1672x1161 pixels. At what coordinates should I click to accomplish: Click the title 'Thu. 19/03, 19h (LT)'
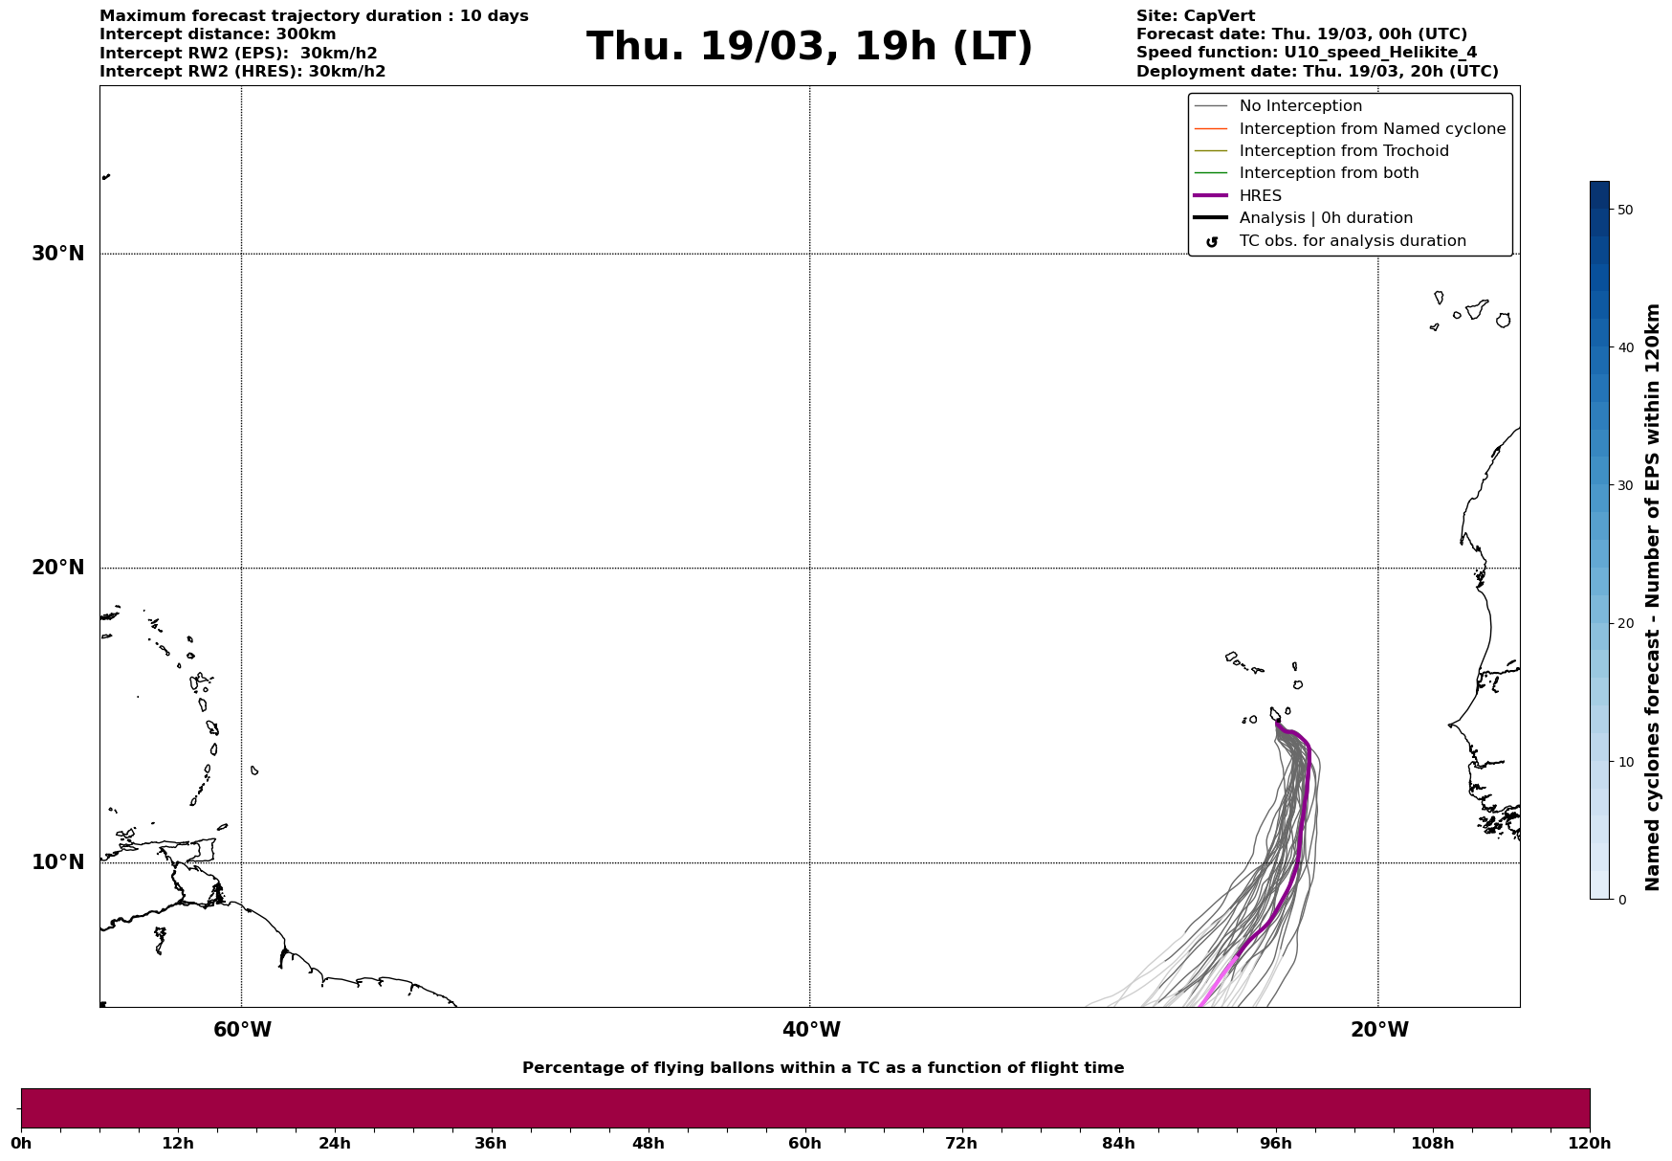tap(809, 47)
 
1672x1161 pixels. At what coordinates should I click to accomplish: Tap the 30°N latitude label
tap(58, 254)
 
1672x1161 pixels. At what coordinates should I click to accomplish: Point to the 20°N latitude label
tap(58, 568)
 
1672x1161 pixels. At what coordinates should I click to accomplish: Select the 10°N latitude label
tap(58, 862)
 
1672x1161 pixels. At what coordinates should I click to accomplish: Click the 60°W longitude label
tap(242, 1030)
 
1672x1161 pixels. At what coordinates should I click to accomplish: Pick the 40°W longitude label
tap(811, 1030)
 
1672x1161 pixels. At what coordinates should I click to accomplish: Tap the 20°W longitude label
tap(1379, 1030)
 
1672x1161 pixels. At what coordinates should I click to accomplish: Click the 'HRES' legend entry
tap(1260, 196)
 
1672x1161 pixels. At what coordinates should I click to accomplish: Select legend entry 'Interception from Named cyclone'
tap(1372, 129)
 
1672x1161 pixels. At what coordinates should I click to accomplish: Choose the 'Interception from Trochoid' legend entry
tap(1343, 151)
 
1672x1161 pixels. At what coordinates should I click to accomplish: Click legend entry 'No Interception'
tap(1300, 106)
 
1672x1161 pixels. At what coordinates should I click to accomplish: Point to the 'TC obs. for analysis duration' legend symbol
tap(1212, 242)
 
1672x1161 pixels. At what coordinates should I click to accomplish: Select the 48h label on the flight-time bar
tap(648, 1144)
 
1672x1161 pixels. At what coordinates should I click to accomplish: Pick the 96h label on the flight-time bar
tap(1275, 1144)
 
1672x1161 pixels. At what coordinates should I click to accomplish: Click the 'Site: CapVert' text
tap(1195, 16)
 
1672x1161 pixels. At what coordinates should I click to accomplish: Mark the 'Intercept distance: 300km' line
tap(218, 34)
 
